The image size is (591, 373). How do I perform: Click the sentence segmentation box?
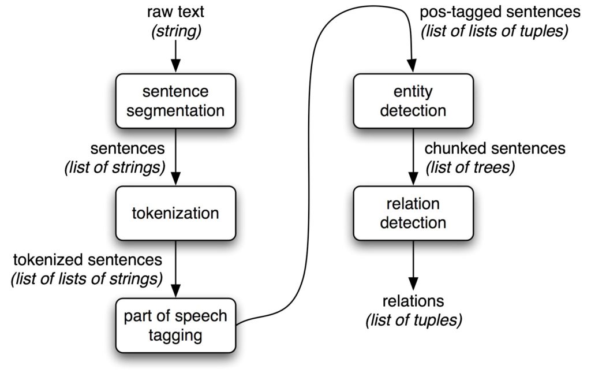(175, 101)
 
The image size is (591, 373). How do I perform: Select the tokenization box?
(175, 213)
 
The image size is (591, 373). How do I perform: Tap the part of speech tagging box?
(175, 325)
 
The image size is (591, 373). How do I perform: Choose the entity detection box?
(413, 101)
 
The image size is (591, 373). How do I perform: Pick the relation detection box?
(413, 213)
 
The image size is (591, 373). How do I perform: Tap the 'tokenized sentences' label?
(87, 260)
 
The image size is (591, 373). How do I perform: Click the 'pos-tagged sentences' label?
(499, 12)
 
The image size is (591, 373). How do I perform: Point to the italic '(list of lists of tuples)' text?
(495, 31)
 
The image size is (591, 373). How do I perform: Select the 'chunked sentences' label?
(495, 148)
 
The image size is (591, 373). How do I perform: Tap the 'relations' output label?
(413, 301)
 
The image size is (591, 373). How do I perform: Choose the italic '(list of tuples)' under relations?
(413, 319)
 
